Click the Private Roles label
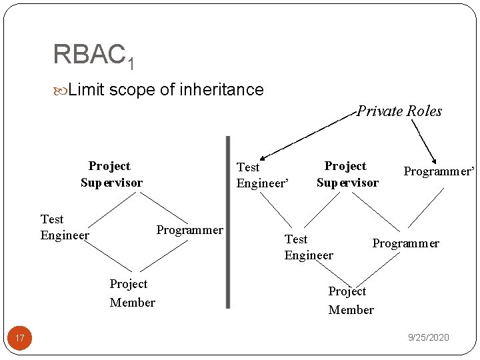399,111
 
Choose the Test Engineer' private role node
263,175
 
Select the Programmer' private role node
438,171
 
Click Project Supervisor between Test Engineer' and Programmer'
347,174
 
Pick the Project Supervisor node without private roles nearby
111,174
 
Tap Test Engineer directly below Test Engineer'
308,247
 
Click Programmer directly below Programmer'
405,243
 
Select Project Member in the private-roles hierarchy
351,301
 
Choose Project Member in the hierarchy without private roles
132,293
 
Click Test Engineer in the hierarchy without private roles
64,227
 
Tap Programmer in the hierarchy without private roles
189,230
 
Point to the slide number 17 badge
20,338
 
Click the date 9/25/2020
428,338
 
